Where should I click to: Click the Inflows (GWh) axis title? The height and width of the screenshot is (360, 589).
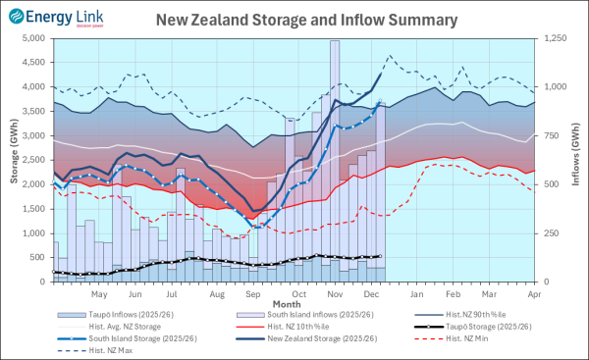579,160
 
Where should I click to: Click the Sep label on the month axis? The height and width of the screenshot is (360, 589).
253,293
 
